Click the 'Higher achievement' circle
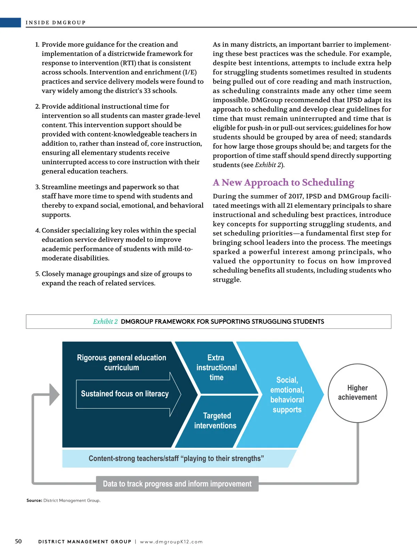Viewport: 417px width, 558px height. click(x=357, y=393)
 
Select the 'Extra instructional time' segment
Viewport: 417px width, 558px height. click(x=216, y=368)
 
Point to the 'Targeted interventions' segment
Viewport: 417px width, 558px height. click(x=215, y=421)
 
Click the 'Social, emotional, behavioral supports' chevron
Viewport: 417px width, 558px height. click(x=287, y=395)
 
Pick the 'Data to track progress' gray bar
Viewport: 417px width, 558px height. click(x=177, y=484)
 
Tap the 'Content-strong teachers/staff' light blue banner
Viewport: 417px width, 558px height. click(x=176, y=458)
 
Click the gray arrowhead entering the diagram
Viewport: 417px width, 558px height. click(x=54, y=394)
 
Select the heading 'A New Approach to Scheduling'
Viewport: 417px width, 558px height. click(x=283, y=182)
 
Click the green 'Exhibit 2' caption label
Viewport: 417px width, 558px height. click(x=105, y=322)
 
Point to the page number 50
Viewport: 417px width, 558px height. click(x=18, y=541)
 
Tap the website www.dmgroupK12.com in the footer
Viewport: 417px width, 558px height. click(x=171, y=542)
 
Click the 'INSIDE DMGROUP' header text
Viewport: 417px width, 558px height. click(x=56, y=23)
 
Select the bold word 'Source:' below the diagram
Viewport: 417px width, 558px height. click(x=34, y=500)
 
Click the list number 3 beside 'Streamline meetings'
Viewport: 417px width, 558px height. click(x=38, y=187)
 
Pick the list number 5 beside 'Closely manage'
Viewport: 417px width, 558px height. click(x=38, y=274)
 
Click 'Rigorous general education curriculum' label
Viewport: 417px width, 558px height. click(x=122, y=362)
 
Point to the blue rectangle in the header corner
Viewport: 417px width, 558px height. click(x=10, y=23)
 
